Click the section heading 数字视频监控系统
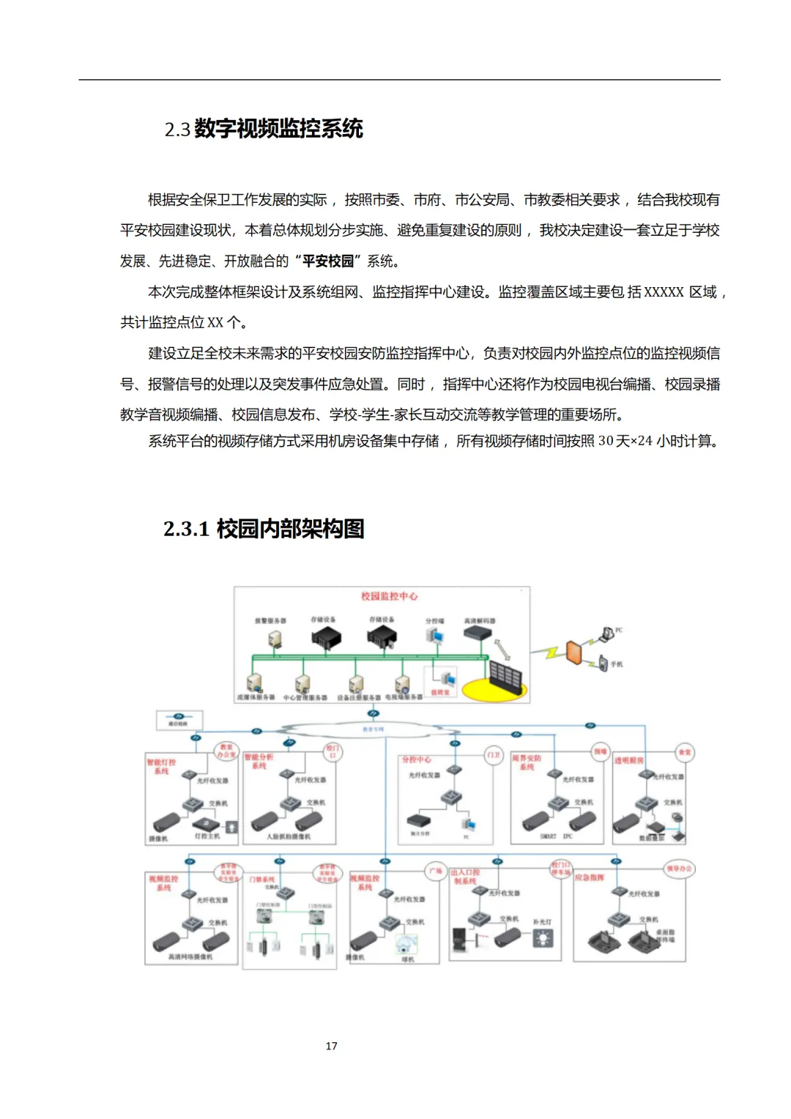tap(278, 129)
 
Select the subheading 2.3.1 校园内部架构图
tap(264, 528)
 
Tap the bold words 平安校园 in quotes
tap(327, 261)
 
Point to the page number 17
tap(331, 1046)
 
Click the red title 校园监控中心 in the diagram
tap(389, 596)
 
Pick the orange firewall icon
tap(573, 652)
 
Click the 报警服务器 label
tap(270, 621)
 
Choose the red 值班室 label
tap(439, 692)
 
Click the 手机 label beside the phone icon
tap(617, 664)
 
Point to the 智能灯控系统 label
tap(161, 766)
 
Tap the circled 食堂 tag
tap(684, 752)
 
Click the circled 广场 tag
tap(436, 871)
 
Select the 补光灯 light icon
tap(543, 938)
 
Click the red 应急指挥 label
tap(589, 877)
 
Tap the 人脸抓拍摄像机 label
tap(289, 836)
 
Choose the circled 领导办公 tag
tap(679, 869)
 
